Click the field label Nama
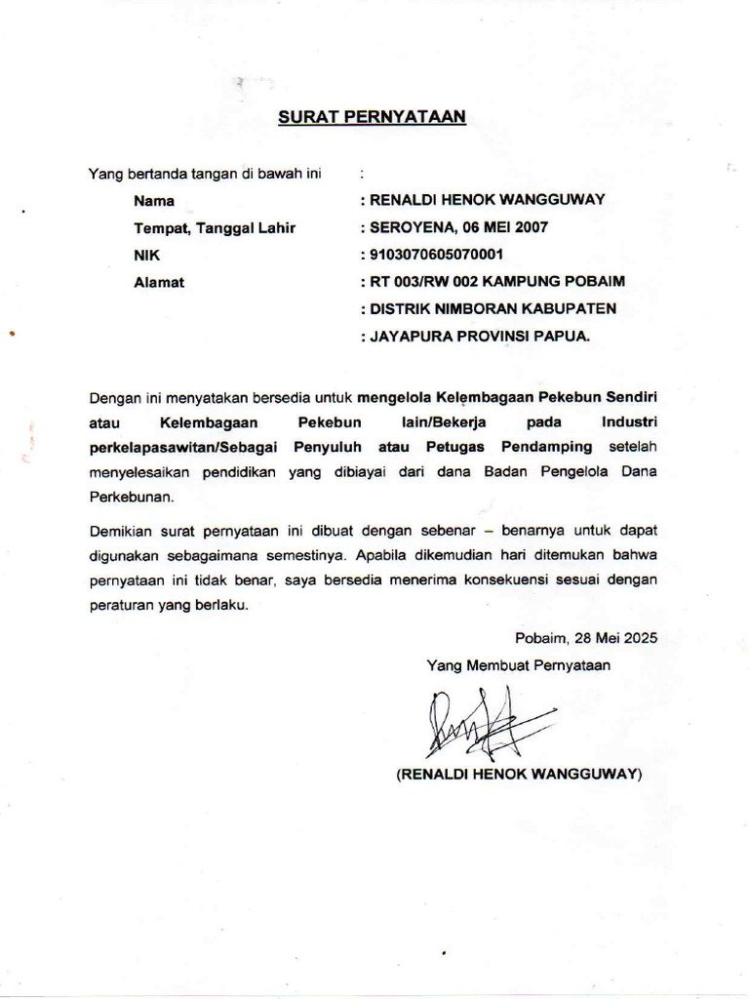click(x=154, y=201)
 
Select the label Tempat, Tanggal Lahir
click(x=215, y=228)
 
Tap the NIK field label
click(x=146, y=256)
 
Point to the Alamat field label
click(x=159, y=283)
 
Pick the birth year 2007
click(x=532, y=228)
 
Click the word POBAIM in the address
click(x=592, y=282)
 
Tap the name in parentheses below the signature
click(x=518, y=775)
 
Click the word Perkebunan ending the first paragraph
click(x=131, y=497)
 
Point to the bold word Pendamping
click(x=547, y=447)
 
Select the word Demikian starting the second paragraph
click(x=119, y=532)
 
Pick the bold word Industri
click(x=630, y=422)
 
